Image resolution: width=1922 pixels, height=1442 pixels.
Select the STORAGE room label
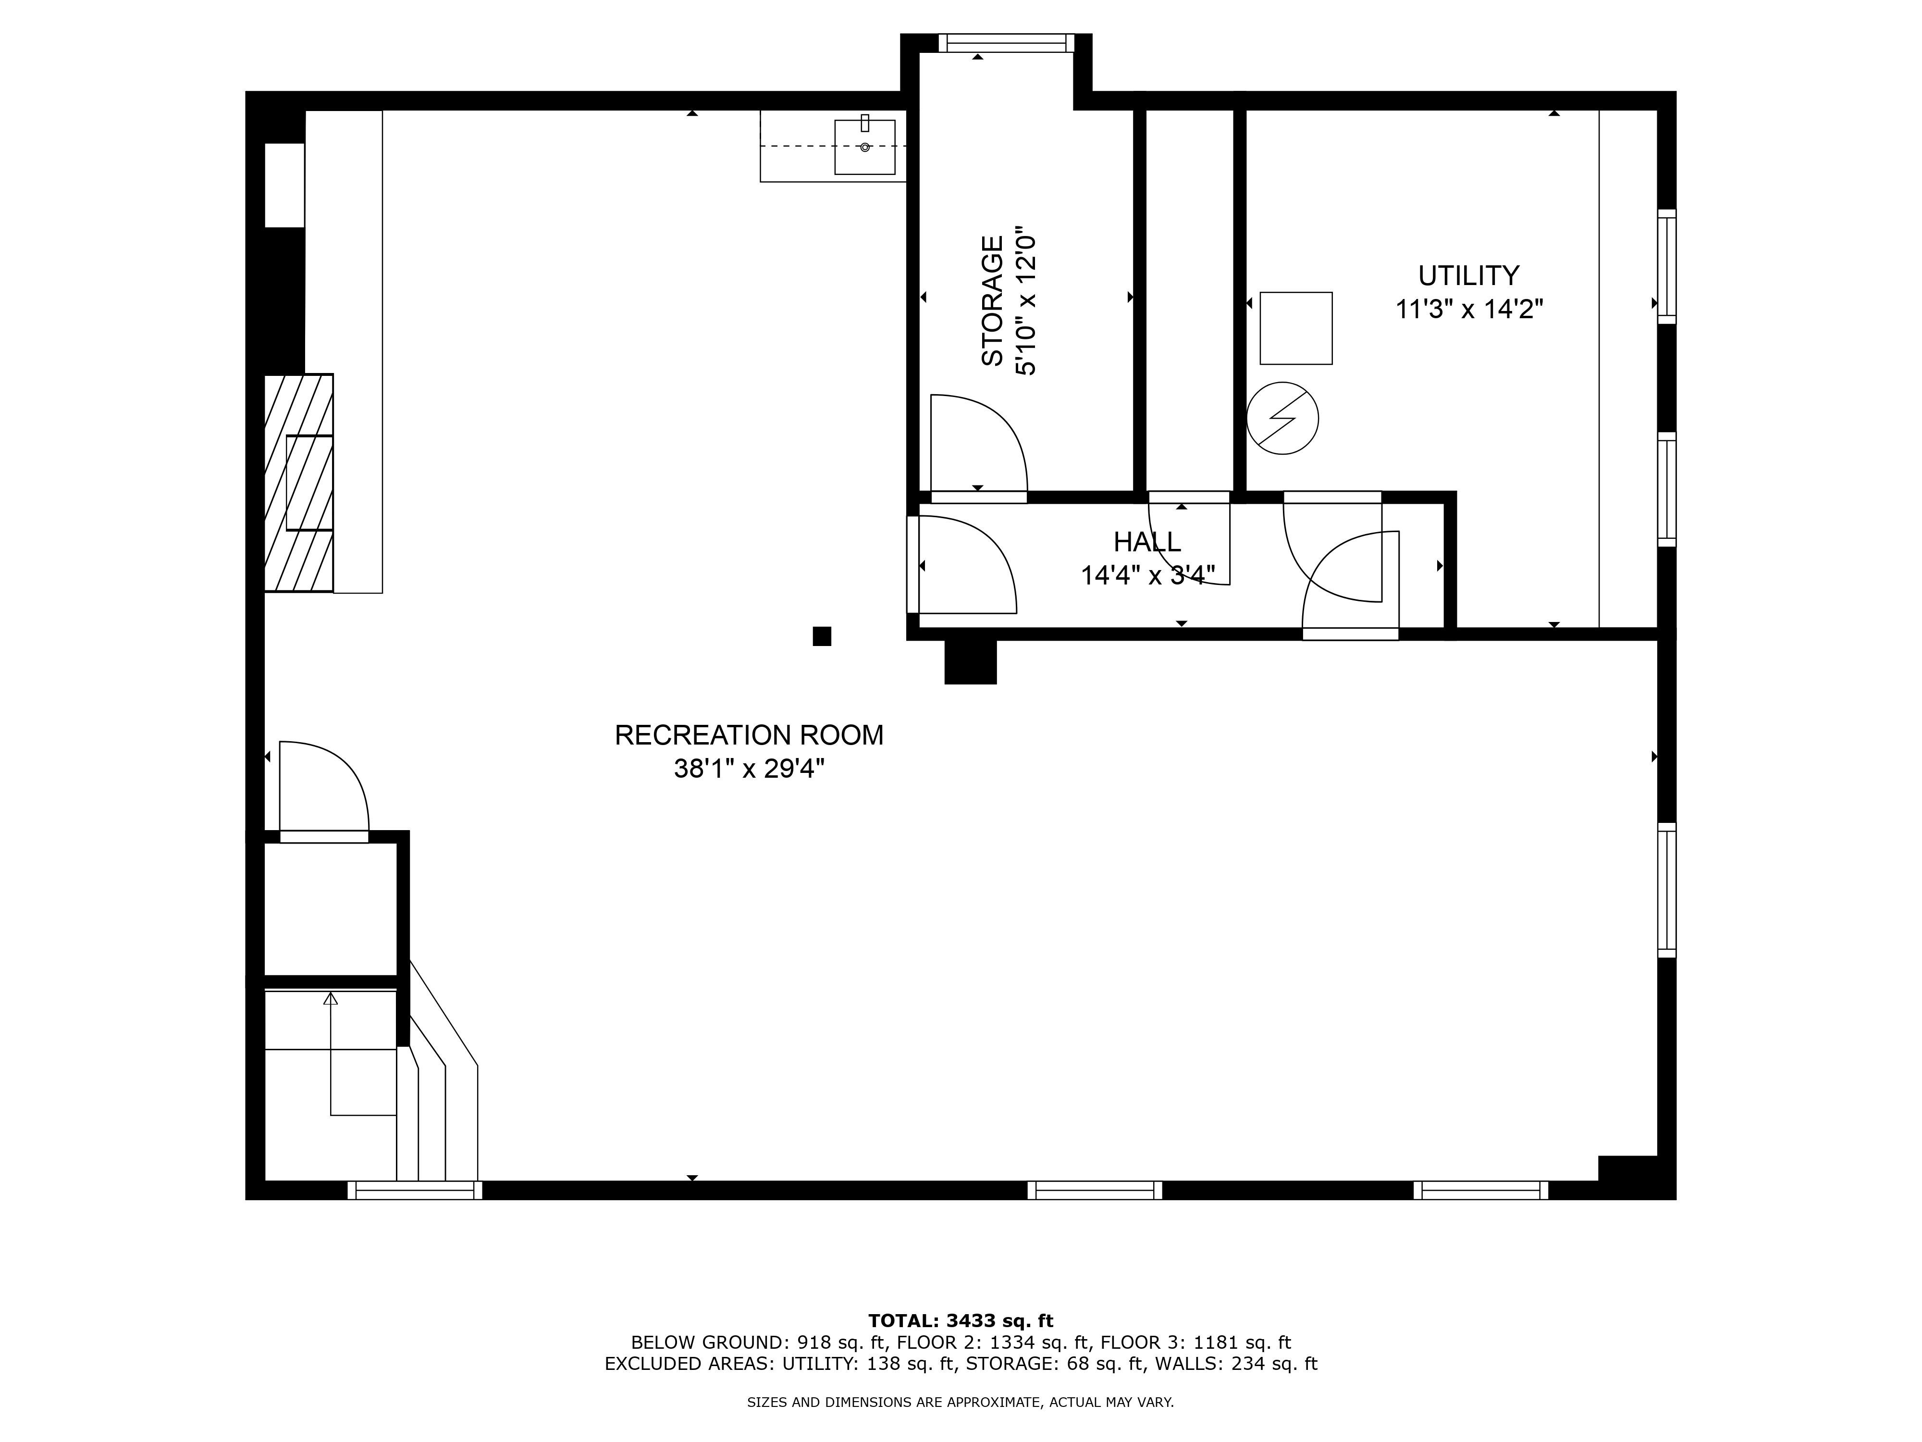[x=992, y=301]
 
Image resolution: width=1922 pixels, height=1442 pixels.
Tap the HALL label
[x=1147, y=542]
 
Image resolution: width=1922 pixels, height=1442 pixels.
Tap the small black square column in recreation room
[x=821, y=636]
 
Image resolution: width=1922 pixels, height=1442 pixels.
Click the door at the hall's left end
[x=963, y=565]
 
